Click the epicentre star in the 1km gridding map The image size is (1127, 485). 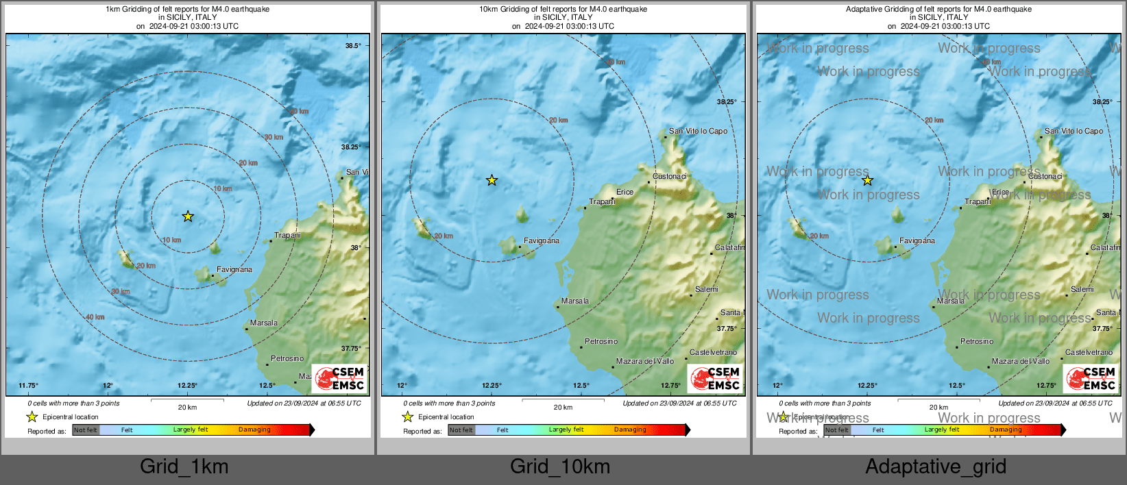188,216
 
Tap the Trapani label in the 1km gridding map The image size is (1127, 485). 287,235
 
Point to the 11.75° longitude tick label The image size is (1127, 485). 28,386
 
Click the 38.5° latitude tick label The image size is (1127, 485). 352,46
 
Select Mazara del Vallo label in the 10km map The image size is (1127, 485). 644,361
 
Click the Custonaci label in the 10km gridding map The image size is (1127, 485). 669,176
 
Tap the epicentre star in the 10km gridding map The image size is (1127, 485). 492,181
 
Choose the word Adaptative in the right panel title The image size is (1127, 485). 866,10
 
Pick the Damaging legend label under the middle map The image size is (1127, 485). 630,430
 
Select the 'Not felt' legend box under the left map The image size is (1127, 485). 86,430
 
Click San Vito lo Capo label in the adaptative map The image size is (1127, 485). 1074,131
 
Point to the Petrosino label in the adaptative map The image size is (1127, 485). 976,341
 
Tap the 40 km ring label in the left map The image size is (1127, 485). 95,317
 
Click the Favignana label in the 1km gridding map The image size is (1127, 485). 234,269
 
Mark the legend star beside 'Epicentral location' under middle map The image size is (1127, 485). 407,416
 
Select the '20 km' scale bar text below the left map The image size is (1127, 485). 187,407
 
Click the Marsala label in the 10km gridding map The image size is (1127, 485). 574,301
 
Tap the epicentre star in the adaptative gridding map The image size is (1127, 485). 867,181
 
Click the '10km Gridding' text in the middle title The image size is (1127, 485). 504,10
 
